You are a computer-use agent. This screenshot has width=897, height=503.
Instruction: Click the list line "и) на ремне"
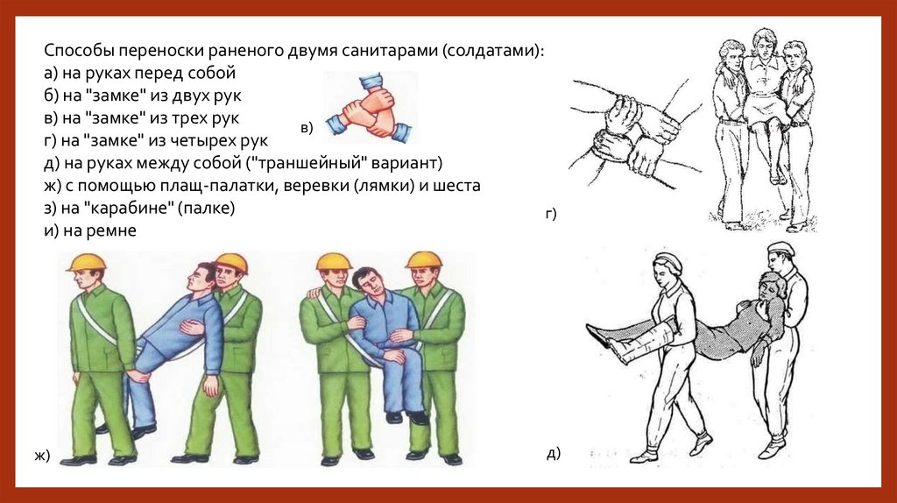tap(90, 230)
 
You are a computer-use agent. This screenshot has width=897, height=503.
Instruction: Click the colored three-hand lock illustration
tap(371, 107)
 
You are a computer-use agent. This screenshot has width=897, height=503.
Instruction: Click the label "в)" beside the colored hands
tap(307, 128)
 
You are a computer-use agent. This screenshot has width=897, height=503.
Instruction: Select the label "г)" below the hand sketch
tap(551, 214)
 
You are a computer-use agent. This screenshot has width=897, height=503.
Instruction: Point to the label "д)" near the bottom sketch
tap(554, 453)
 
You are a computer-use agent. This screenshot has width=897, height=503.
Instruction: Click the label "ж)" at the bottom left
tap(42, 456)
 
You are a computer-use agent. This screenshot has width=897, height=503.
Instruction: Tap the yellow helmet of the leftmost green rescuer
tap(87, 261)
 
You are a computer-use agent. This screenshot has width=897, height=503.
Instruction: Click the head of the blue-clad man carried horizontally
tap(201, 279)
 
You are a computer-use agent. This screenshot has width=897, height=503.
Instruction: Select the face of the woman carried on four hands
tap(762, 44)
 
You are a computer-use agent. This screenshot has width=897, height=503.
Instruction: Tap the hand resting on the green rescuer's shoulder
tap(314, 294)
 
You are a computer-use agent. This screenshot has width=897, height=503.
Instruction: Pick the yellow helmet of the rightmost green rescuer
tap(424, 259)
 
